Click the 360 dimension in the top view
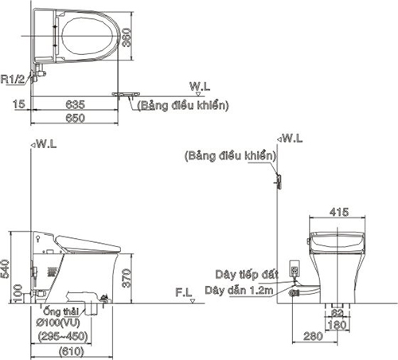pyautogui.click(x=127, y=37)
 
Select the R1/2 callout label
pyautogui.click(x=13, y=79)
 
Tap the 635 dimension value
pyautogui.click(x=76, y=104)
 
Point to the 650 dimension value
pyautogui.click(x=76, y=118)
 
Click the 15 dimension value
pyautogui.click(x=19, y=104)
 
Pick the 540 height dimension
pyautogui.click(x=5, y=269)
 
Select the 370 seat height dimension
pyautogui.click(x=127, y=278)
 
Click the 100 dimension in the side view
pyautogui.click(x=18, y=293)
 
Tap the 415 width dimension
pyautogui.click(x=339, y=212)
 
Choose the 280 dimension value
pyautogui.click(x=313, y=336)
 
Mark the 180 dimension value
pyautogui.click(x=337, y=325)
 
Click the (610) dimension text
pyautogui.click(x=72, y=352)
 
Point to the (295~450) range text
pyautogui.click(x=63, y=337)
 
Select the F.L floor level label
pyautogui.click(x=184, y=292)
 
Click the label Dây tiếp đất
pyautogui.click(x=247, y=275)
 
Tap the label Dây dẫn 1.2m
pyautogui.click(x=239, y=291)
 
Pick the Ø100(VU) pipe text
pyautogui.click(x=58, y=323)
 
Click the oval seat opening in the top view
pyautogui.click(x=87, y=36)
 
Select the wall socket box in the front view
pyautogui.click(x=295, y=269)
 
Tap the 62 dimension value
pyautogui.click(x=338, y=313)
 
